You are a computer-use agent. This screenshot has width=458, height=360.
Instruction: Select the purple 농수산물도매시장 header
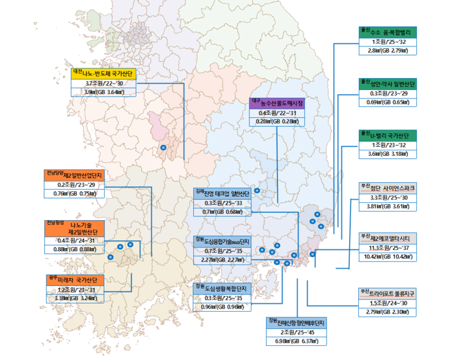[277, 103]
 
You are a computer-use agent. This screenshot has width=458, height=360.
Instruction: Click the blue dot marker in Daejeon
[163, 148]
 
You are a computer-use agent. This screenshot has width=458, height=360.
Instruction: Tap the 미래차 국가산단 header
[76, 280]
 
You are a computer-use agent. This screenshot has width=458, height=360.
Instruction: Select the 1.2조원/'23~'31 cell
[76, 290]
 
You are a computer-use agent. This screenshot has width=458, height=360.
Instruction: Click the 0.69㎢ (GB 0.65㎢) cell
[388, 101]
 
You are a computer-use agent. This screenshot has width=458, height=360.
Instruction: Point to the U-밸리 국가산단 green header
[388, 135]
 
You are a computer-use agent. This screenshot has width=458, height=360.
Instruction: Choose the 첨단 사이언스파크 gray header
[388, 188]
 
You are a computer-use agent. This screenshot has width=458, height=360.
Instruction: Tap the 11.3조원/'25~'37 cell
[388, 248]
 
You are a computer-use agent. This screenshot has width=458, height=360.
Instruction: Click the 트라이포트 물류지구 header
[388, 293]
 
